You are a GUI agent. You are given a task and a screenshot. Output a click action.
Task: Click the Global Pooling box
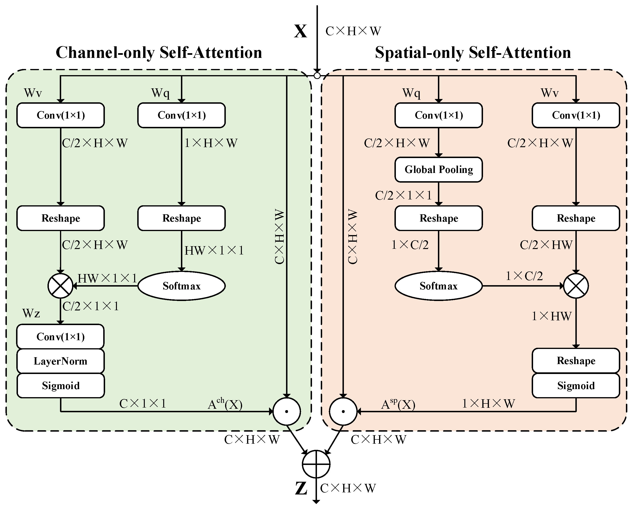(438, 169)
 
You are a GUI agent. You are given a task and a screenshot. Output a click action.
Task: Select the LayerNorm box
(60, 361)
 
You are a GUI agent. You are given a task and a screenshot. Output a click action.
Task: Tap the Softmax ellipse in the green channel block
(181, 286)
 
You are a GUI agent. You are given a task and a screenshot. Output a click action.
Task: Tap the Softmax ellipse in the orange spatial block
(438, 286)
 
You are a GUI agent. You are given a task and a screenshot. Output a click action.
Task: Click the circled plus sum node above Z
(316, 464)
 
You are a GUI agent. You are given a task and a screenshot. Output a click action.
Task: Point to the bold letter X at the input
(300, 31)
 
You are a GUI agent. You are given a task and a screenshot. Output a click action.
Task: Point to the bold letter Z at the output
(301, 489)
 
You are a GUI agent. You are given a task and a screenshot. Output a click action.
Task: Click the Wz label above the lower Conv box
(31, 314)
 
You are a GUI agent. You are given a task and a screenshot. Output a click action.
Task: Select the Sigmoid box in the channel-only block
(60, 385)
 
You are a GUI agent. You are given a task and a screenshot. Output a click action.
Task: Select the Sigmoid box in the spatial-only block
(576, 385)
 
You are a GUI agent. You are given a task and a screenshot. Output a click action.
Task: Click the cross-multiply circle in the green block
(60, 286)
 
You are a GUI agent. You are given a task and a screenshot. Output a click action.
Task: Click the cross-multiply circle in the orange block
(576, 286)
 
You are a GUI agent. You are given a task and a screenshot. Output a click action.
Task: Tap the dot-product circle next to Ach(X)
(287, 412)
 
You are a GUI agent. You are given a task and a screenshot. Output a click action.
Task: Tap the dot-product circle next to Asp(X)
(343, 412)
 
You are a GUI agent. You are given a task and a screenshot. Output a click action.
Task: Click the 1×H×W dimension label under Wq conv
(210, 143)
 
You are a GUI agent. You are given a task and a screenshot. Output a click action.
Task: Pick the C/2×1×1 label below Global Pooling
(403, 195)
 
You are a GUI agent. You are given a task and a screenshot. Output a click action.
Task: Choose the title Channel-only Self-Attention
(159, 53)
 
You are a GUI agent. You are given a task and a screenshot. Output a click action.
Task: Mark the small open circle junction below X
(317, 76)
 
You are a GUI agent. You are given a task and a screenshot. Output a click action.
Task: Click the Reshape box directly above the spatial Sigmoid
(576, 361)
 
